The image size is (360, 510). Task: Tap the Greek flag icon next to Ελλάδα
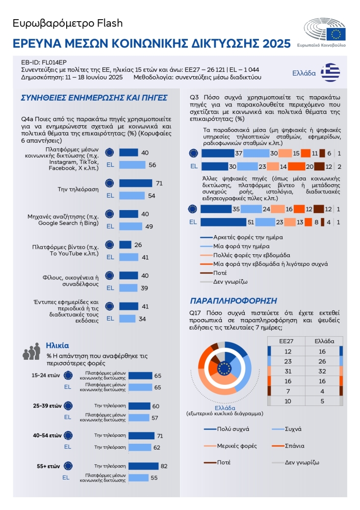pyautogui.click(x=330, y=72)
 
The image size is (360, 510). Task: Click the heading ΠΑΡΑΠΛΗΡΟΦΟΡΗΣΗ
pyautogui.click(x=233, y=300)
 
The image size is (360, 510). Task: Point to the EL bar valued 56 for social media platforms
pyautogui.click(x=132, y=165)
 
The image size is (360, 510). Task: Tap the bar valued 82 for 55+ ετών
pyautogui.click(x=139, y=466)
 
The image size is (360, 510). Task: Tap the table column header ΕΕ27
pyautogui.click(x=286, y=341)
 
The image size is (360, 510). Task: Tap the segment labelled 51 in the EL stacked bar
pyautogui.click(x=224, y=222)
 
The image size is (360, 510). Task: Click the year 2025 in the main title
pyautogui.click(x=273, y=44)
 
